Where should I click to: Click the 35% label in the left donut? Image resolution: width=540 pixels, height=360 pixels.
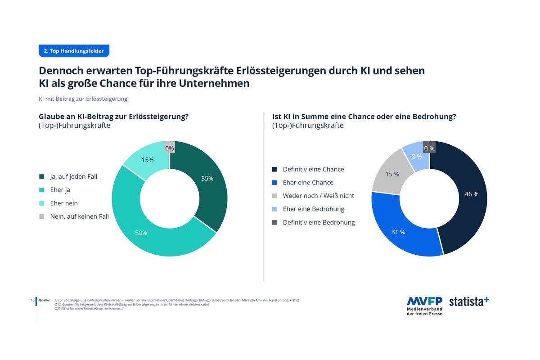tap(207, 178)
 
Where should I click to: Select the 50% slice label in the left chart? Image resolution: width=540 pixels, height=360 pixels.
tap(141, 233)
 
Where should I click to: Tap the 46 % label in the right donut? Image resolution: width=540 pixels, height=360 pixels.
tap(472, 194)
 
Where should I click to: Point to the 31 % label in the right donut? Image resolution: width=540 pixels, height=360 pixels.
tap(398, 232)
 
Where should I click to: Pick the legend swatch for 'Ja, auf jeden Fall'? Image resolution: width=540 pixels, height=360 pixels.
tap(42, 177)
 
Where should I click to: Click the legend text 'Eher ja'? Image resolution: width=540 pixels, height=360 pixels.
tap(60, 190)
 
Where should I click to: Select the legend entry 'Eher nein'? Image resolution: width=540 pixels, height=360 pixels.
tap(63, 203)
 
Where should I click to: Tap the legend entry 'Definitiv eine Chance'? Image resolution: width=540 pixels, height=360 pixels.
tap(313, 169)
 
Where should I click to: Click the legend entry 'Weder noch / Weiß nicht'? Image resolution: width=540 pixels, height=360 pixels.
tap(318, 196)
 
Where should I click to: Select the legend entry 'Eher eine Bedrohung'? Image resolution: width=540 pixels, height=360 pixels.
tap(313, 209)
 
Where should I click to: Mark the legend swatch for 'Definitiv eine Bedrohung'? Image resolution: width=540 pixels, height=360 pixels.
tap(274, 222)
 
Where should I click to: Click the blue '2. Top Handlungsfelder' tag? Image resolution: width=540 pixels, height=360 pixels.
tap(74, 51)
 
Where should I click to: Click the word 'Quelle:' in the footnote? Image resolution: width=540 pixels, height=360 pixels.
tap(44, 300)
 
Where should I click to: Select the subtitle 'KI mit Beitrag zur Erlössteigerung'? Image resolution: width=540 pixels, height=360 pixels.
tap(83, 99)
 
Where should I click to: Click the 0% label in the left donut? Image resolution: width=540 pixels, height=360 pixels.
tap(170, 148)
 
